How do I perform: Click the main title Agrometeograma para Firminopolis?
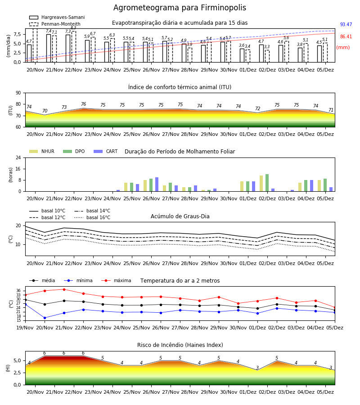[x=180, y=8]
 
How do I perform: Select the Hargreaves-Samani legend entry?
[x=57, y=17]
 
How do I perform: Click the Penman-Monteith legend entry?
[x=55, y=24]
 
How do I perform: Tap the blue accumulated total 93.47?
[x=346, y=25]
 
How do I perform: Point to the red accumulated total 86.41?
[x=346, y=37]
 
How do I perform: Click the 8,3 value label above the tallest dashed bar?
[x=74, y=28]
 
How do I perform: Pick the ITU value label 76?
[x=83, y=104]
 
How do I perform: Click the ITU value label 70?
[x=45, y=111]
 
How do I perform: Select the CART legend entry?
[x=106, y=151]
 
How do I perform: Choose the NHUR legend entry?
[x=42, y=151]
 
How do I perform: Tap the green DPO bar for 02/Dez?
[x=267, y=183]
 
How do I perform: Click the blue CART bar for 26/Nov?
[x=157, y=184]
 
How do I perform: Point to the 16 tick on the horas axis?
[x=18, y=169]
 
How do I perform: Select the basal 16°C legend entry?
[x=92, y=217]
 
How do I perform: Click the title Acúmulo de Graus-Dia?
[x=180, y=216]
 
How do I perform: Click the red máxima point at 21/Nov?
[x=64, y=289]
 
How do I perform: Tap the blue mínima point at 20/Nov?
[x=45, y=318]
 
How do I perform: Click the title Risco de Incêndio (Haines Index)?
[x=180, y=345]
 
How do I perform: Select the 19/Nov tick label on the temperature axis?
[x=25, y=328]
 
